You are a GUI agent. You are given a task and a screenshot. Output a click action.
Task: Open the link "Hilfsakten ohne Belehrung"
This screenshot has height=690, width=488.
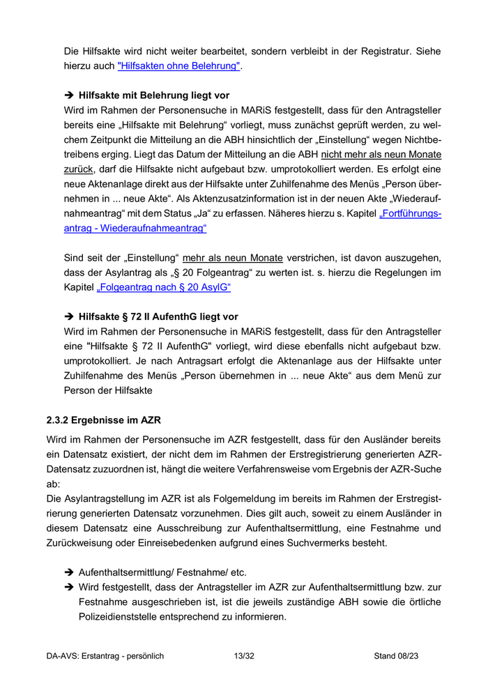click(179, 66)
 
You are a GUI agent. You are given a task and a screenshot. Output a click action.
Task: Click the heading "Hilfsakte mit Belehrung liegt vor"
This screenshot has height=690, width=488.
click(154, 95)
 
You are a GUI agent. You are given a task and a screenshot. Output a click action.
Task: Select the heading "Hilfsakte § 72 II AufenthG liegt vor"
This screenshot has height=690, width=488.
click(158, 316)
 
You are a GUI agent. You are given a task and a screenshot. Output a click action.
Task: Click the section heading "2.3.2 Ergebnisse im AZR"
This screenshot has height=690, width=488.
click(104, 421)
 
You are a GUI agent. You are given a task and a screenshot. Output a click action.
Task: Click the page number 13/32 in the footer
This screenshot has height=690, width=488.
click(243, 656)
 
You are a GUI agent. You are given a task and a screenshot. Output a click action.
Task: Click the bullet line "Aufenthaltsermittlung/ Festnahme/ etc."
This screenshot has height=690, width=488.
click(162, 572)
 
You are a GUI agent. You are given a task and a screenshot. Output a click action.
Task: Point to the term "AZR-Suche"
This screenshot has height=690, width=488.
click(415, 469)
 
